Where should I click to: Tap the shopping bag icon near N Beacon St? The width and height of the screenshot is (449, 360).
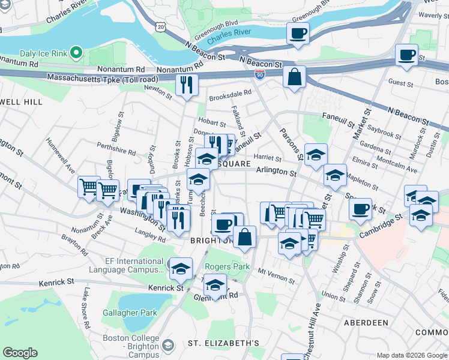(294, 77)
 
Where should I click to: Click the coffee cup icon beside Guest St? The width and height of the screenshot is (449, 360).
(406, 55)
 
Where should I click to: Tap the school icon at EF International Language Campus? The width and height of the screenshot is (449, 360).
(180, 269)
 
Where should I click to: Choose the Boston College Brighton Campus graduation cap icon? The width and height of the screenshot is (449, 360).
(169, 346)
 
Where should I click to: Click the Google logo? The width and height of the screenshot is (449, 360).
(20, 353)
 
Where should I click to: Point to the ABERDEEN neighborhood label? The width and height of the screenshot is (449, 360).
(366, 323)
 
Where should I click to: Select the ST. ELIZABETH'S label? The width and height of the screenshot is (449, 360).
(223, 344)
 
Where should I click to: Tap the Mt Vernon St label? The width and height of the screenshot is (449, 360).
(278, 272)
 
